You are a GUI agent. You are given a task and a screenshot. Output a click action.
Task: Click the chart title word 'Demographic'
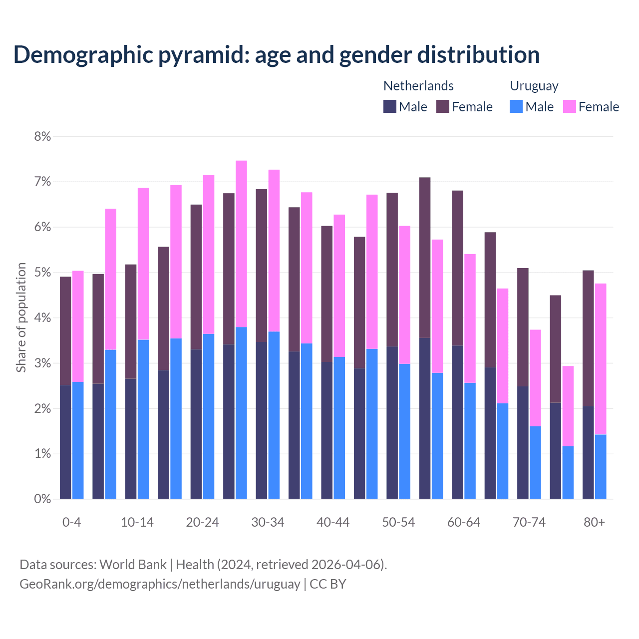83,54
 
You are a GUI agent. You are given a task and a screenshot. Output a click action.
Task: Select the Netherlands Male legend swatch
390,106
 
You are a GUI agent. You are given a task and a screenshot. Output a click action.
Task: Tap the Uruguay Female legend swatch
569,106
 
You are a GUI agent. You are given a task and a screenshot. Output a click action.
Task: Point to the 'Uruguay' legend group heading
534,86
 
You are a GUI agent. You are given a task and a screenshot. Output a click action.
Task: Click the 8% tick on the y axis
42,136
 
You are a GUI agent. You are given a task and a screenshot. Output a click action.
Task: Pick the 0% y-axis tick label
42,499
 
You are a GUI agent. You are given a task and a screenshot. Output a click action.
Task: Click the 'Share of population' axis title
21,318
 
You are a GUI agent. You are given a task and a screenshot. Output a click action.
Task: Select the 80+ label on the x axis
594,522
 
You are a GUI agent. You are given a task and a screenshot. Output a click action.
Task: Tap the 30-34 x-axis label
268,522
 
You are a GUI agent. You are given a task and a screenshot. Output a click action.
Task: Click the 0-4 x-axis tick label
71,522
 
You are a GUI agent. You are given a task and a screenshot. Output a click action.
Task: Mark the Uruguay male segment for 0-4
78,440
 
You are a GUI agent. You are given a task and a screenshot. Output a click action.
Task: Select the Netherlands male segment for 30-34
262,420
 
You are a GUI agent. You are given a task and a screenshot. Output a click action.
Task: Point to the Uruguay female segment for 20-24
209,255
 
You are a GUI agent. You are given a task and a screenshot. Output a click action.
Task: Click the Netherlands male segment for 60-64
457,422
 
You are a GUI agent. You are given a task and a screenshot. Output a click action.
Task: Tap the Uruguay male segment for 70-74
535,462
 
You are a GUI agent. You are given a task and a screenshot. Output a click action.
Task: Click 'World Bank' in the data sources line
133,565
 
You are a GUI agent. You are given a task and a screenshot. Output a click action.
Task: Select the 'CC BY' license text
328,584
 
